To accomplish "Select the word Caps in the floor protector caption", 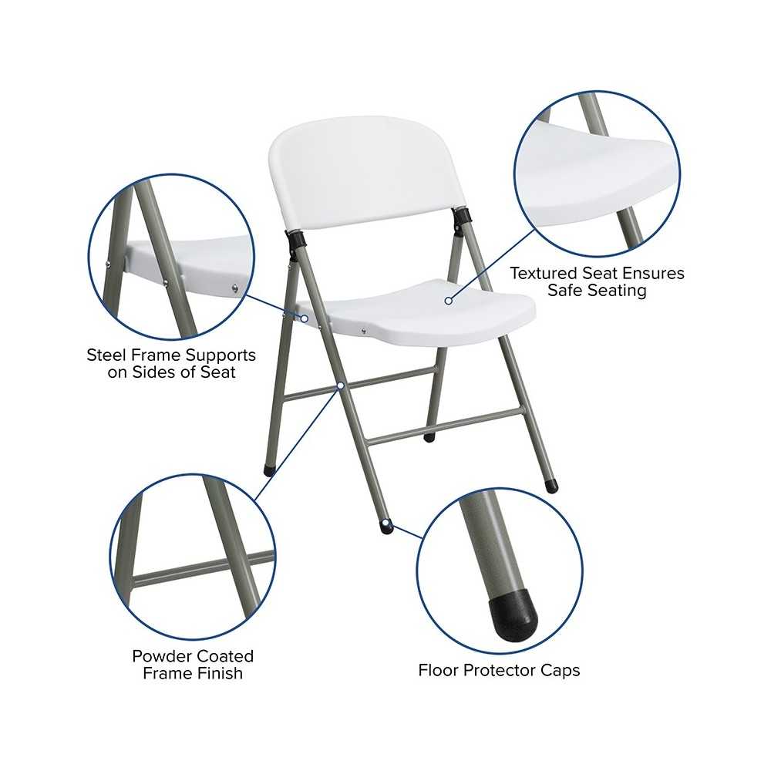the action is tap(558, 670).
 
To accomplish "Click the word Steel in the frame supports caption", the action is tap(106, 355).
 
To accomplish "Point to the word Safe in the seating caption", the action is tap(566, 290).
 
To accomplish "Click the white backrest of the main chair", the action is tap(366, 172).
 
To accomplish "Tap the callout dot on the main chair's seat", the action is tap(449, 301).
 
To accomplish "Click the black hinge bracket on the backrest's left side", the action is tap(294, 244).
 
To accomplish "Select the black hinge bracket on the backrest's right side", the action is tap(462, 220).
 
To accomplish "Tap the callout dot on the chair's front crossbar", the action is tap(340, 386).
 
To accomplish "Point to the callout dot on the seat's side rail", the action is tap(305, 318).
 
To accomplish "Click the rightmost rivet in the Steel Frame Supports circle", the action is tap(235, 288).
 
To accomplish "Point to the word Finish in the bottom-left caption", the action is tap(218, 673).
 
